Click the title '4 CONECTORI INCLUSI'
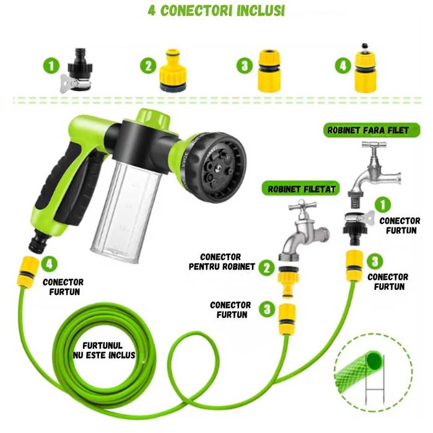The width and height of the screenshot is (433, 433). pos(216,11)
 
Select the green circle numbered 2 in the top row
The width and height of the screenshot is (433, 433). pos(148,66)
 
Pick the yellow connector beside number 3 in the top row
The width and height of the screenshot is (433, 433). pos(269,71)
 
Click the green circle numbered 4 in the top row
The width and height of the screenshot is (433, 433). pos(343,66)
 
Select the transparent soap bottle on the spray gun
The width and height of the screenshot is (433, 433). pos(126,210)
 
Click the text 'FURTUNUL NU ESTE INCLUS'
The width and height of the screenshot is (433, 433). pos(105,351)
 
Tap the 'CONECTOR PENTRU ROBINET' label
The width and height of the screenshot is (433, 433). pos(222,262)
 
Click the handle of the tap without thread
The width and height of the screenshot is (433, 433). pos(374,145)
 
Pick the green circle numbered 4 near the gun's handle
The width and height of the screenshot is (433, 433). pos(49,264)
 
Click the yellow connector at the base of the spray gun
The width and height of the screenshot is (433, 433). pos(27,273)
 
